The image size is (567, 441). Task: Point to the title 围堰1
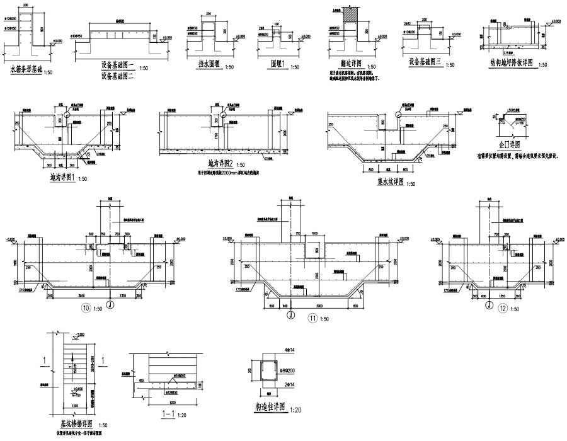click(x=272, y=65)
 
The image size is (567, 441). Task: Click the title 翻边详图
click(x=343, y=66)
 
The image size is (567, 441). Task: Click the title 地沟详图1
click(x=62, y=178)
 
